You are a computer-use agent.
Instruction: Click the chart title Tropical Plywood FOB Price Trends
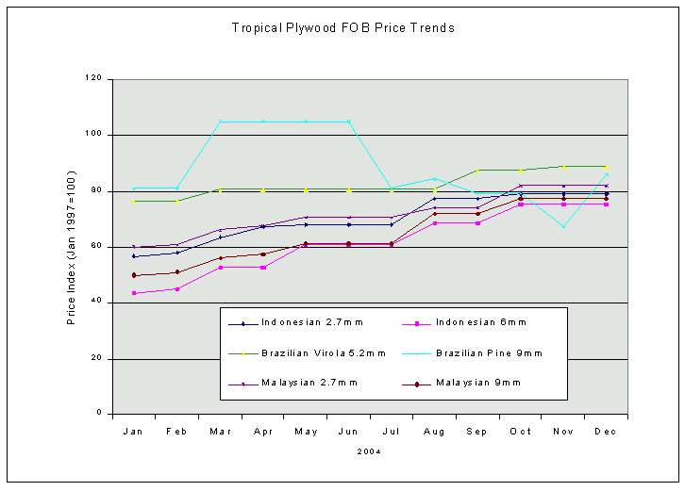(342, 28)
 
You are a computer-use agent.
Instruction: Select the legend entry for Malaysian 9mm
(478, 384)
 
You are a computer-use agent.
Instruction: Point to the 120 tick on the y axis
(92, 79)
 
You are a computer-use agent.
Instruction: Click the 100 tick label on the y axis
(92, 135)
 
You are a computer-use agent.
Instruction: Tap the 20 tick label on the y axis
(95, 358)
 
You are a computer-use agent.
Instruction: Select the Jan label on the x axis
(134, 431)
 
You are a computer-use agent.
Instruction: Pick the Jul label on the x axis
(391, 431)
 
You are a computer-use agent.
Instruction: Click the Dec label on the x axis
(605, 431)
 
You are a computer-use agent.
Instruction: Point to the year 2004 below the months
(369, 451)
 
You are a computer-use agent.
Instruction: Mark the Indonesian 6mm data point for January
(135, 293)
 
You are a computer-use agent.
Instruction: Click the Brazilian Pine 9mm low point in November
(563, 226)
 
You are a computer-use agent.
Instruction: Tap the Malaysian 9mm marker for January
(135, 275)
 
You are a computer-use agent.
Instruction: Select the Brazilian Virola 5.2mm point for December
(606, 167)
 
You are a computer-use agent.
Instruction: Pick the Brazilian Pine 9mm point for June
(349, 122)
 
